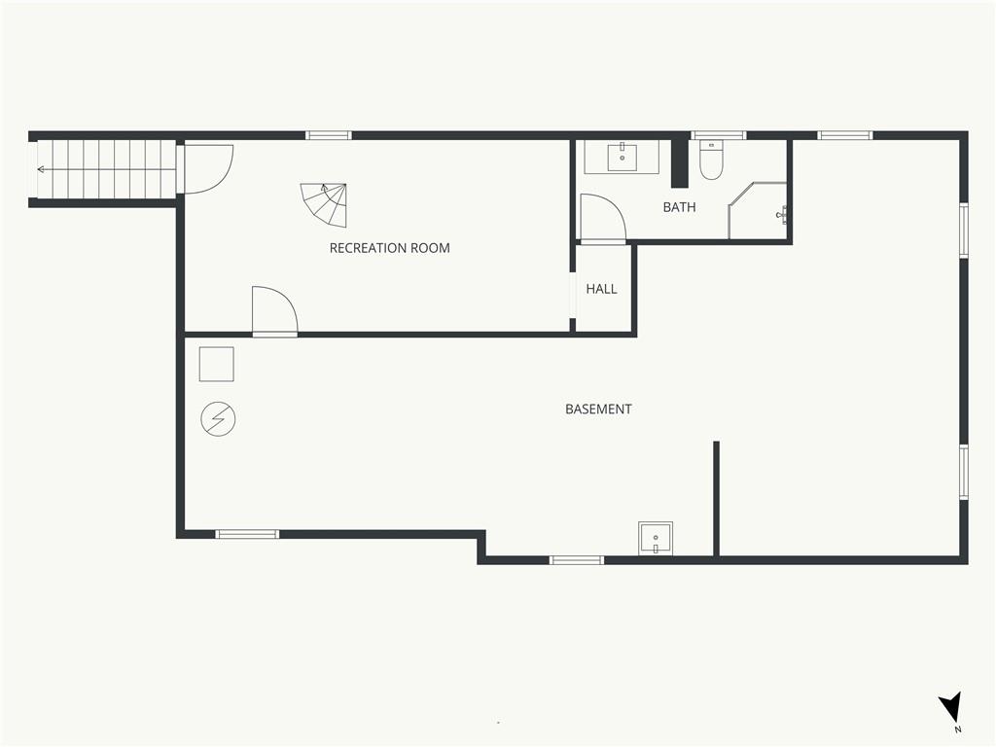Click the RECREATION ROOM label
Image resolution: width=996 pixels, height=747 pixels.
[389, 248]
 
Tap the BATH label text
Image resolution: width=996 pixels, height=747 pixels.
[679, 207]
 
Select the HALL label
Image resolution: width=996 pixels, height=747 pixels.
[601, 289]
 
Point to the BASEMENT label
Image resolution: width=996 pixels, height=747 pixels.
[598, 409]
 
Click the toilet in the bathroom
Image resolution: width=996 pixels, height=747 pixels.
[710, 160]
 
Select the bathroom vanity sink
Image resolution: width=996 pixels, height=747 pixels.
[622, 157]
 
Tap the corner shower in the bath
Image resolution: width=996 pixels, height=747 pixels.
[758, 210]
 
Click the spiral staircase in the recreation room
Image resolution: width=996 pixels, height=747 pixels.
[324, 204]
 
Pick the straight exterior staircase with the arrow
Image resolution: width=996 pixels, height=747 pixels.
[105, 169]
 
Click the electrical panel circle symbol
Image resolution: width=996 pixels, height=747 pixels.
[218, 419]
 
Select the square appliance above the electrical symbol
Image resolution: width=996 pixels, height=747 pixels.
[217, 364]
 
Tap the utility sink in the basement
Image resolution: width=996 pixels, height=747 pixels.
[656, 538]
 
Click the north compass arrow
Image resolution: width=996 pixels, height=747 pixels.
[951, 707]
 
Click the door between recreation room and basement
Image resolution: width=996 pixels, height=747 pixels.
[274, 310]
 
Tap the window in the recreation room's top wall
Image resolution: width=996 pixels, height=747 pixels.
[329, 135]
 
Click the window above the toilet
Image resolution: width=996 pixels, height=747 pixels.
[719, 135]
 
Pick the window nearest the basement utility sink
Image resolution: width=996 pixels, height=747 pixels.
[576, 560]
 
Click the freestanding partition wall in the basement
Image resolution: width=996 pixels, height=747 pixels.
[716, 499]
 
